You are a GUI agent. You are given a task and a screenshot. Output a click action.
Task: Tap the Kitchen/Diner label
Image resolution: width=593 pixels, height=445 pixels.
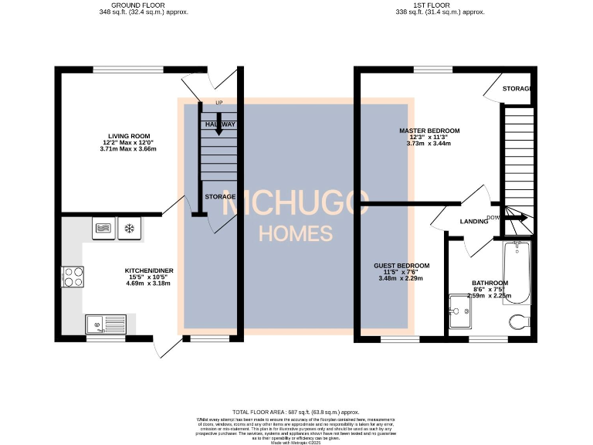point(149,270)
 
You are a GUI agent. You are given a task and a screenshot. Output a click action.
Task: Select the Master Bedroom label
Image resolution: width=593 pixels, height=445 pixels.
point(429,131)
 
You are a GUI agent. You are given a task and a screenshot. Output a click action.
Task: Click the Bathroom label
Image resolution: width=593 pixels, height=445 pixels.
point(490,284)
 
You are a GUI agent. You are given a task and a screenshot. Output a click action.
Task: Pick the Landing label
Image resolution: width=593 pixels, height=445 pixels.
point(473,222)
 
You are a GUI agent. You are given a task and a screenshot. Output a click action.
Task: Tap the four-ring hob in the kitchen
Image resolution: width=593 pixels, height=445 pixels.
point(73,277)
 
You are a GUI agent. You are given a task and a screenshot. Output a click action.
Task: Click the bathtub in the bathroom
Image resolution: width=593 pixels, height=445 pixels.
point(517,273)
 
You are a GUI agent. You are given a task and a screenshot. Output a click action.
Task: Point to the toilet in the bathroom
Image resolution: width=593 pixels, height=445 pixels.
point(517,321)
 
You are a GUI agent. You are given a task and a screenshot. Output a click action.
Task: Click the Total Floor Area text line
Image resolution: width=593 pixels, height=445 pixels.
point(296,413)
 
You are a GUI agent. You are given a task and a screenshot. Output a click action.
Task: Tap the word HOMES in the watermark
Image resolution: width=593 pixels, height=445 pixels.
point(296,233)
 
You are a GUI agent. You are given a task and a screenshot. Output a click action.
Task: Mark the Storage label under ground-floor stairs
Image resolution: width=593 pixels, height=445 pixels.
point(220,197)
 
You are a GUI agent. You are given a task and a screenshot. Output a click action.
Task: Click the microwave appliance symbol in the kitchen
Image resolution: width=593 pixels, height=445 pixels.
point(103,228)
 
